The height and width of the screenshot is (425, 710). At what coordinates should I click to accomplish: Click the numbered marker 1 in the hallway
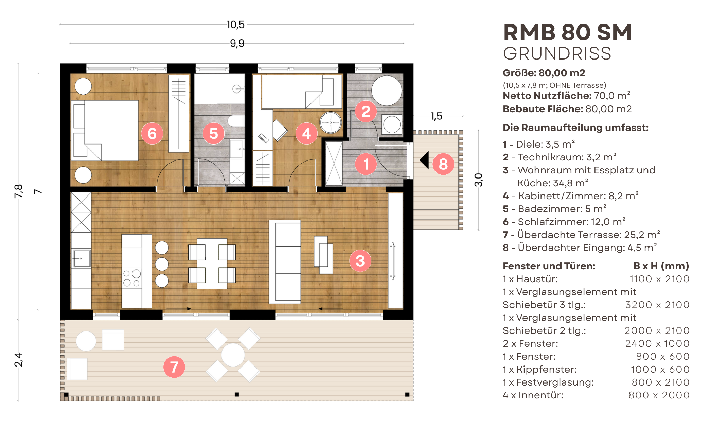pos(366,164)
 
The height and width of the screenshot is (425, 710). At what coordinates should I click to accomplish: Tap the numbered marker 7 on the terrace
pos(174,367)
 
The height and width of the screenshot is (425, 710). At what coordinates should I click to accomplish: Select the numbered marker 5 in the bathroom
pos(213,133)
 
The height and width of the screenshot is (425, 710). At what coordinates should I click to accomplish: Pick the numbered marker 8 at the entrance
pos(443,164)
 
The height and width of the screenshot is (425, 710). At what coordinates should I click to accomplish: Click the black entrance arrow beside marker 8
pos(425,160)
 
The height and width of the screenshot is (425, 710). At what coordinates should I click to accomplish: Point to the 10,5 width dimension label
pos(235,24)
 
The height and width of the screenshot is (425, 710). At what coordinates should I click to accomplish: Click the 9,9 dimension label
pos(237,44)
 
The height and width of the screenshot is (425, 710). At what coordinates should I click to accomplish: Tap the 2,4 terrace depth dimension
pos(18,359)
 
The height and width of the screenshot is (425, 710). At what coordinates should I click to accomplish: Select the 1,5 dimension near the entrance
pos(437,116)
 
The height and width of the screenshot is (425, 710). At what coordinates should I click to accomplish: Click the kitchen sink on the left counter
pos(81,258)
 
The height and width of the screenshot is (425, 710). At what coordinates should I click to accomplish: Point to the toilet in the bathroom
pos(236,121)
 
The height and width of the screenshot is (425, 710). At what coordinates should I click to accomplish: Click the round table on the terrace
pos(233,355)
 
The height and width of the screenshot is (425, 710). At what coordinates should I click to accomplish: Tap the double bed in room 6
pos(105,131)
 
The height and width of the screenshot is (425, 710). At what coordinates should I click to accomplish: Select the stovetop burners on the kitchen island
pos(132,278)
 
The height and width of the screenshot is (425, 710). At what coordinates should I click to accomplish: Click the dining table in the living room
pos(212,263)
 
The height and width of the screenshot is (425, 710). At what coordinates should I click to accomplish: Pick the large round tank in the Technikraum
pos(386,90)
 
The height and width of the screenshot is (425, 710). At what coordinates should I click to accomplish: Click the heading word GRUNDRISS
pos(557,54)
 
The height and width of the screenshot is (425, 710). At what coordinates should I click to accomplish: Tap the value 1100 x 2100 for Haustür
pos(659,279)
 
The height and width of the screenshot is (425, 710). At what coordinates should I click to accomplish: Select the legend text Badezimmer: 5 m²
pos(562,209)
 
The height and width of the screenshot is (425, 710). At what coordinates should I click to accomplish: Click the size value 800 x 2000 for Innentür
pos(659,395)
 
